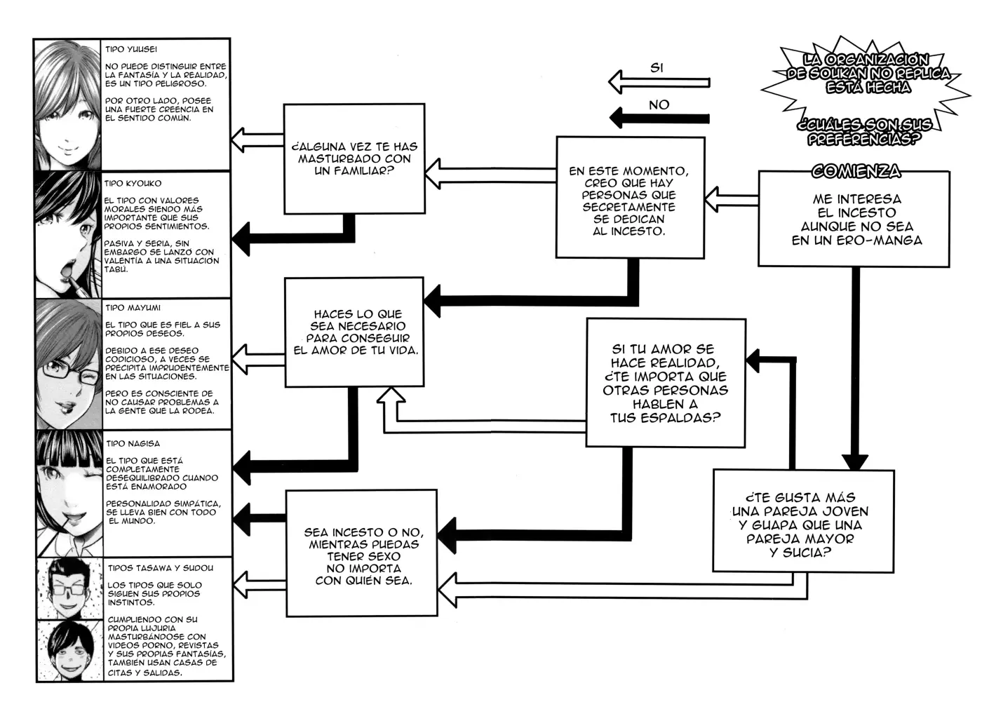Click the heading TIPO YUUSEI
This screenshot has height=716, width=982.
[130, 49]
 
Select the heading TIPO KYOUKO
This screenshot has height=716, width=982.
[133, 183]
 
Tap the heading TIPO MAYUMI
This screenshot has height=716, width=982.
[133, 308]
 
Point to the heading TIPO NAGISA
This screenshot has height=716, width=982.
[133, 443]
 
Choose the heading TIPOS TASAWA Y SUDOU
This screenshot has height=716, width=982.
[161, 568]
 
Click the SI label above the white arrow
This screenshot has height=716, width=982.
[657, 68]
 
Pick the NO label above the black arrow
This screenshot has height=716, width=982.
[659, 105]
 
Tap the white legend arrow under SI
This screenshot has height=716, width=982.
[659, 82]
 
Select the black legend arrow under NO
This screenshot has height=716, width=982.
[659, 119]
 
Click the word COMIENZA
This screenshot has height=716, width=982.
[856, 171]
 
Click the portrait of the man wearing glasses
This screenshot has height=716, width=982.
[69, 588]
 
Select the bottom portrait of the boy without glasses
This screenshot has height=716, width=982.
[69, 650]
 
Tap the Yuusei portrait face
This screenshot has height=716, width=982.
[68, 104]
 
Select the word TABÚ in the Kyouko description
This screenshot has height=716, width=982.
[116, 269]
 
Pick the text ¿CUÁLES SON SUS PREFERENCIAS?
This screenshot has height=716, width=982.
[864, 132]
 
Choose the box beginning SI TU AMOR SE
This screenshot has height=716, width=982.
[666, 383]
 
